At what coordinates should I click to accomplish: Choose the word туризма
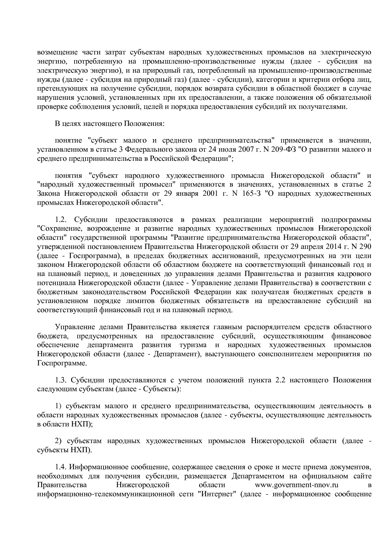pyautogui.click(x=192, y=345)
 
